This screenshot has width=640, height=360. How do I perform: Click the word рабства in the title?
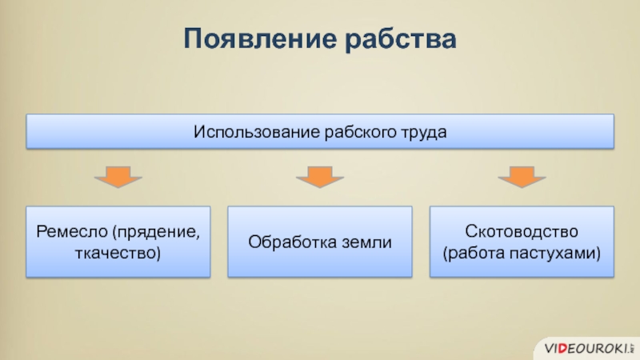[401, 38]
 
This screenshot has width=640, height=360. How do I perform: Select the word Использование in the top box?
[257, 132]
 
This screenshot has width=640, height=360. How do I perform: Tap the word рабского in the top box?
[360, 133]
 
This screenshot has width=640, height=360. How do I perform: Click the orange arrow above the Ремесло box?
[118, 176]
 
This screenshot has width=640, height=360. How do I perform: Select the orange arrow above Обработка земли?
[320, 176]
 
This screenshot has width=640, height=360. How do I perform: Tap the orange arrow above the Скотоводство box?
[522, 176]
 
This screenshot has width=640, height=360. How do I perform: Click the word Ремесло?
[72, 231]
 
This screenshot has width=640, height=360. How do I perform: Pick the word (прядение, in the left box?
[156, 232]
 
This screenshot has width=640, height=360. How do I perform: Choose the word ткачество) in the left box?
[118, 253]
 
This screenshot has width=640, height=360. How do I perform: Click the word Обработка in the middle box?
[292, 242]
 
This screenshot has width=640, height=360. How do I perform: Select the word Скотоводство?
[522, 231]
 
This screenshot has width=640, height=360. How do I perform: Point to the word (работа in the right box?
[474, 253]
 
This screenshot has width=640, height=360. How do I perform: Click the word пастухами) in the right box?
[555, 254]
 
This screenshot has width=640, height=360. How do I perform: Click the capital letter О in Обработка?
[254, 242]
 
